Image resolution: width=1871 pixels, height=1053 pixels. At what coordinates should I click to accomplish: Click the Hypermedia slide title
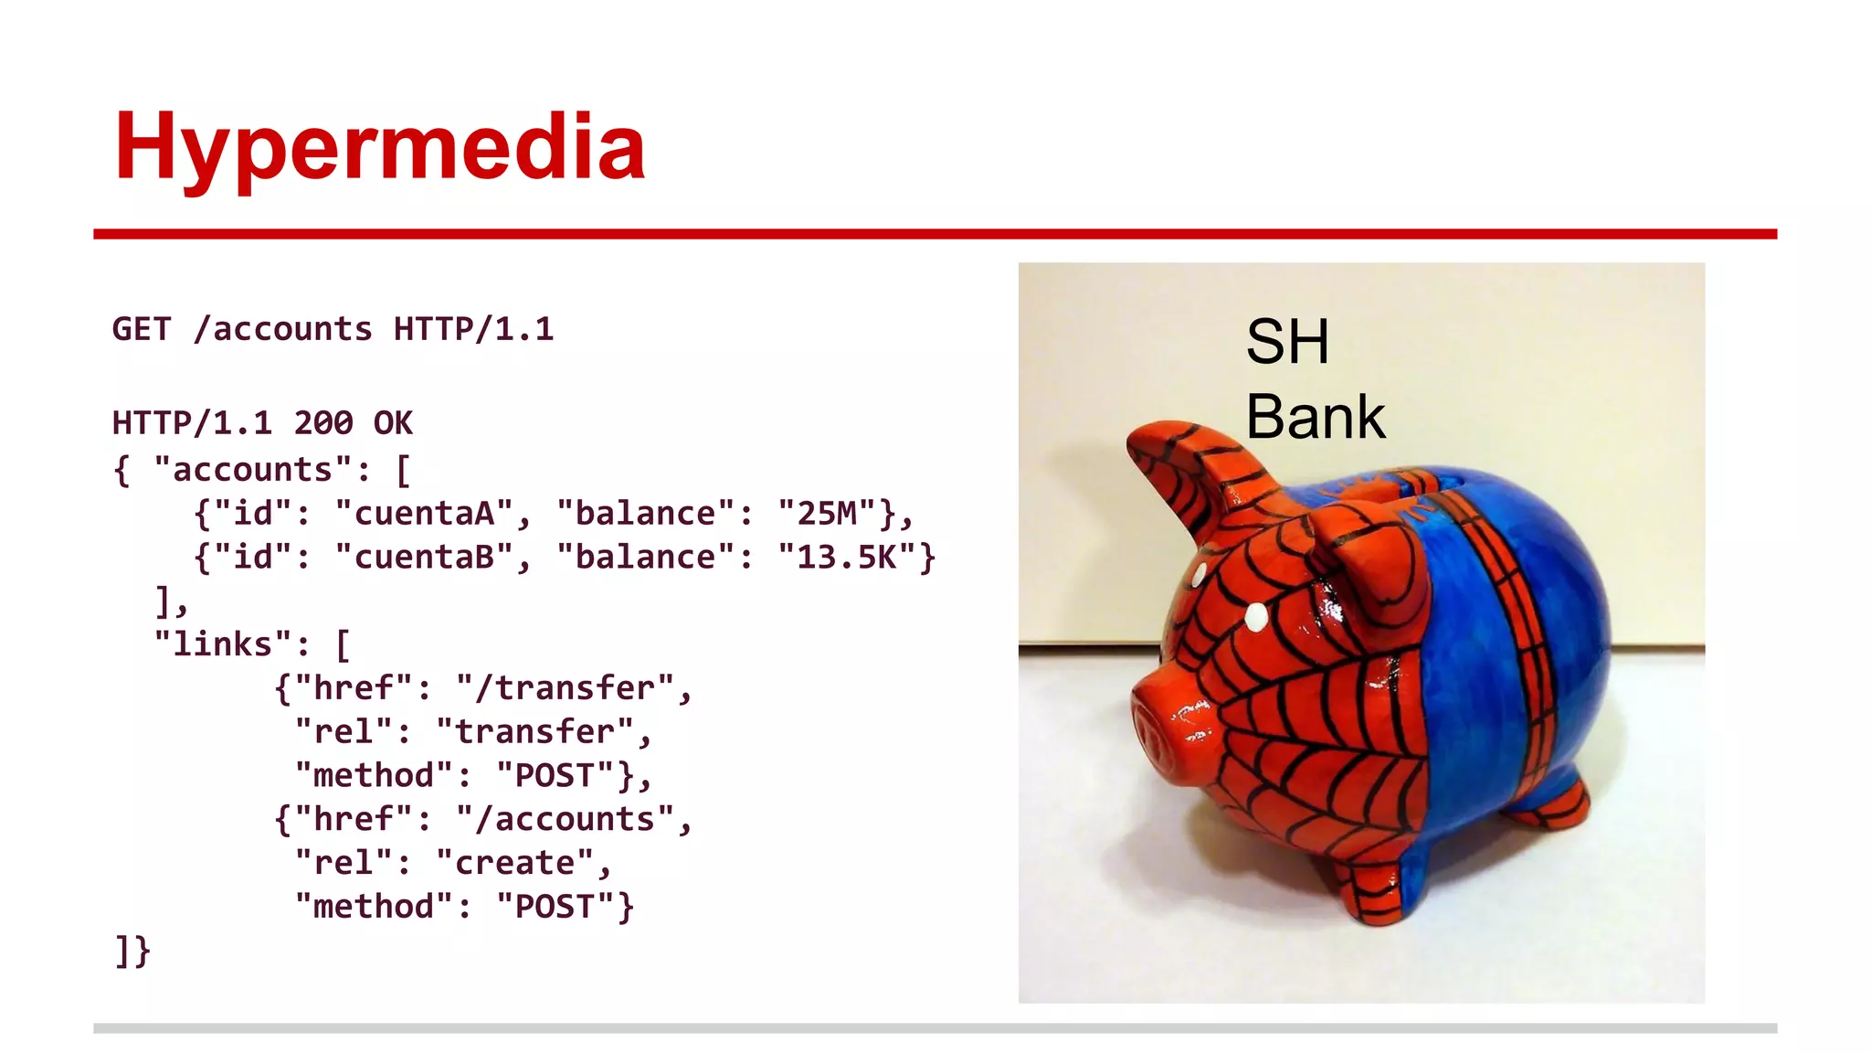click(379, 146)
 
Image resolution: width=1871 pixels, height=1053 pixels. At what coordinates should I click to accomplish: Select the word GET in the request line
click(141, 329)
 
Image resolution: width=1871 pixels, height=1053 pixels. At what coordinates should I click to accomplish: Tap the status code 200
click(322, 423)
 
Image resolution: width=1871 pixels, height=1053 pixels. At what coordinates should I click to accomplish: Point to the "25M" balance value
click(827, 514)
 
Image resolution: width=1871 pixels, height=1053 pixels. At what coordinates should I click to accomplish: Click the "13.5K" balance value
click(847, 558)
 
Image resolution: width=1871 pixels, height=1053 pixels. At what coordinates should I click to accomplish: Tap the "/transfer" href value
click(565, 688)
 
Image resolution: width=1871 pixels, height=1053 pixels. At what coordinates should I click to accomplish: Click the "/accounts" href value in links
click(565, 819)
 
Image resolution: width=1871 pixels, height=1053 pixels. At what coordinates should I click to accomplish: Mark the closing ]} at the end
click(132, 951)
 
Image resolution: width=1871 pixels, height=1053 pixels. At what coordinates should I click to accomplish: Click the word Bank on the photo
click(1315, 418)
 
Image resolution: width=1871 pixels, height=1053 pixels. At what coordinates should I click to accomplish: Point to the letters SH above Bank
click(1286, 342)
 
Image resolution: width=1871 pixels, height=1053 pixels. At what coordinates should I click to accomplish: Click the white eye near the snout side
click(1256, 618)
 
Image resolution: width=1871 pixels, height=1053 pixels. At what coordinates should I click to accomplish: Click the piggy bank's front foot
click(1379, 891)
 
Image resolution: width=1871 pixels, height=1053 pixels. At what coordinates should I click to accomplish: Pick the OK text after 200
click(393, 423)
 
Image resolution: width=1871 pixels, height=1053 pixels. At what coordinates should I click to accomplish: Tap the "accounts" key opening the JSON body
click(252, 470)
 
